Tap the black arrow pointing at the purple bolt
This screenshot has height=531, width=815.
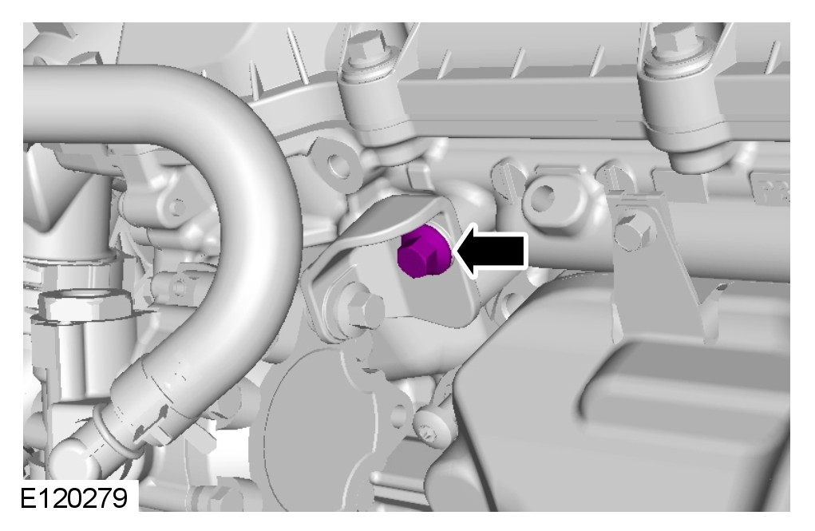tap(492, 252)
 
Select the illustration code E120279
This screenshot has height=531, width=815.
tap(73, 498)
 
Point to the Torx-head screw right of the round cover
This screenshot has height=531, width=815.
tap(430, 429)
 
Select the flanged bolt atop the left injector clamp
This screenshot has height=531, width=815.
tap(367, 49)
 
